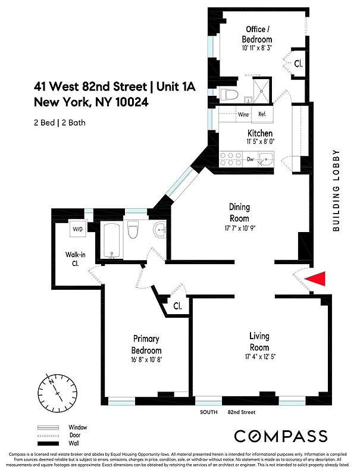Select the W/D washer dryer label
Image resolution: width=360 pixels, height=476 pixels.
[78, 229]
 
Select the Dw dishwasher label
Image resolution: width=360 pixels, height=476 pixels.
[251, 159]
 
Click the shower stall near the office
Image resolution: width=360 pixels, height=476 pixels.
[258, 93]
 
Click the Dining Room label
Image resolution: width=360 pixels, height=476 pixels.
[240, 212]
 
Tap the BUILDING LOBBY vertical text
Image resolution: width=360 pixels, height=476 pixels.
[336, 190]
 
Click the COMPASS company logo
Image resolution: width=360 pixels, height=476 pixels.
[280, 436]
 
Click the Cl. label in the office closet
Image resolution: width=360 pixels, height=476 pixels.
[298, 64]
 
